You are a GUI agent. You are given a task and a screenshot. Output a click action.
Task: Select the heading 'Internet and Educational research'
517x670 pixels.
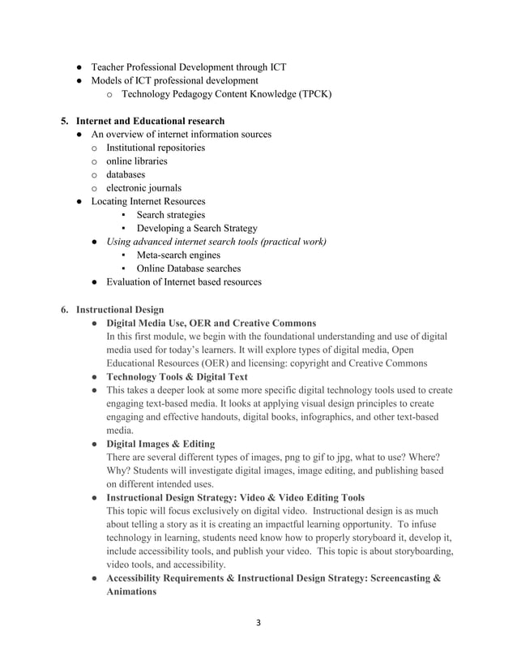click(x=149, y=121)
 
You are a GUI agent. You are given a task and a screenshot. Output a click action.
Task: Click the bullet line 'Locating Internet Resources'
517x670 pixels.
click(x=148, y=201)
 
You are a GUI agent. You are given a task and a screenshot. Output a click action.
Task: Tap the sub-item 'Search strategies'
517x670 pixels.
click(x=170, y=215)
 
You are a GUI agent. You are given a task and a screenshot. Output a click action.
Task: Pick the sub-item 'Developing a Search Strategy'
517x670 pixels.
click(x=197, y=229)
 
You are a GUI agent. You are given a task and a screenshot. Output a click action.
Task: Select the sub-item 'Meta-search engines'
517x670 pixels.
click(x=178, y=256)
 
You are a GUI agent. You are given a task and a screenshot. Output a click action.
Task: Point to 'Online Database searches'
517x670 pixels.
click(x=188, y=268)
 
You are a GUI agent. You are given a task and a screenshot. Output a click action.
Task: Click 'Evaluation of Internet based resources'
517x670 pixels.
click(x=176, y=282)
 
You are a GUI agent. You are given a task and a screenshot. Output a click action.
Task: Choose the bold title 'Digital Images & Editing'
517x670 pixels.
click(x=160, y=444)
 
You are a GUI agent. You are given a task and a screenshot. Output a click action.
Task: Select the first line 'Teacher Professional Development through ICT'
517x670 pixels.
click(x=188, y=67)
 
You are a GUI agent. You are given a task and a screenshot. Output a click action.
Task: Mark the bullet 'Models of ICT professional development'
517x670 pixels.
click(x=174, y=80)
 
